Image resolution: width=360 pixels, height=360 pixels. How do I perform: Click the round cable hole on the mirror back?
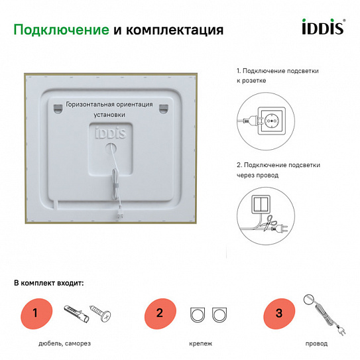109,150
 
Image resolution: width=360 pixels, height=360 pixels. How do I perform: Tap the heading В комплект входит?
49,283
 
